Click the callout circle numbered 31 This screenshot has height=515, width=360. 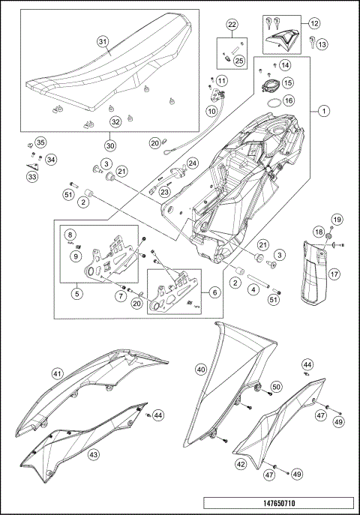pyautogui.click(x=103, y=41)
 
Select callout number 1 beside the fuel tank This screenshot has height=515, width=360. pyautogui.click(x=323, y=111)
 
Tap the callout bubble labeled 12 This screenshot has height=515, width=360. pyautogui.click(x=313, y=24)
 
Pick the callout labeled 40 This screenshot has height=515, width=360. pyautogui.click(x=200, y=370)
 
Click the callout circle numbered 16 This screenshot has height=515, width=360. pyautogui.click(x=288, y=99)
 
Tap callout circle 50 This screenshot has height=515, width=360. pyautogui.click(x=276, y=386)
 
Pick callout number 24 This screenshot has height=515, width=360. pyautogui.click(x=192, y=163)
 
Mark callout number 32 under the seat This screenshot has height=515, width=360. pyautogui.click(x=115, y=121)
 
